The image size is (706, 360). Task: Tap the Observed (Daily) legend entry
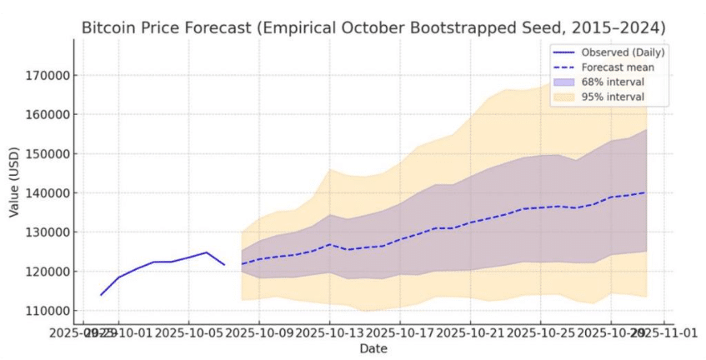click(x=617, y=52)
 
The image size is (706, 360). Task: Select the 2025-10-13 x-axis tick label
click(x=330, y=332)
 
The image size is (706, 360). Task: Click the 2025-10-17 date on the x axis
click(x=401, y=332)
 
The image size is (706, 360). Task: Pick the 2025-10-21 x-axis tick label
click(x=471, y=332)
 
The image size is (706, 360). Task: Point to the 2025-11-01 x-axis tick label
click(x=667, y=332)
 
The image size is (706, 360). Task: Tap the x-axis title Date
click(x=373, y=348)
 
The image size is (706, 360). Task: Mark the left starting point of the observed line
click(x=101, y=295)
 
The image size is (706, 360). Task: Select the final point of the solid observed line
click(x=224, y=265)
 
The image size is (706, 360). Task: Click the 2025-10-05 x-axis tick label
click(x=189, y=332)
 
